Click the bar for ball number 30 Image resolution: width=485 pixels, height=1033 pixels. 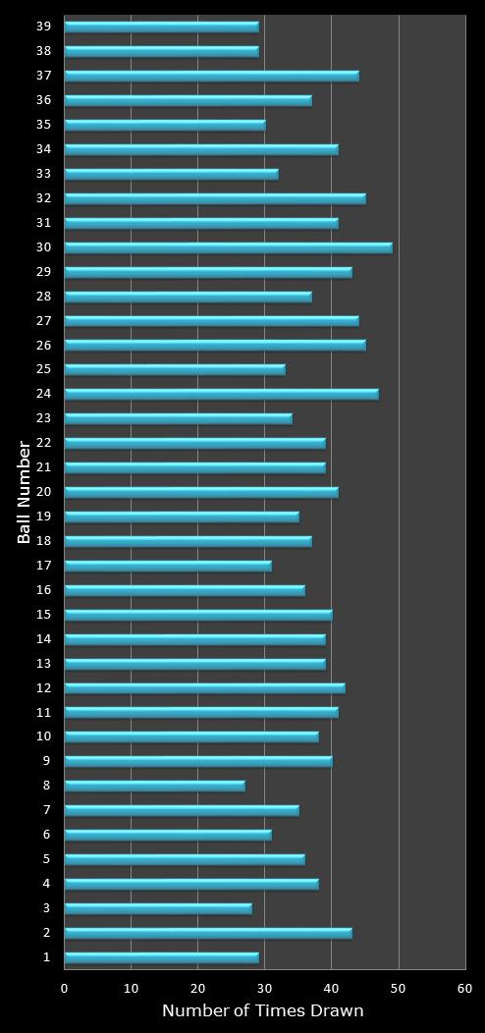228,247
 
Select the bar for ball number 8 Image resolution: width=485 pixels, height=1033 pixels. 154,786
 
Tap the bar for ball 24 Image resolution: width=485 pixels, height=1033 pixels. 221,394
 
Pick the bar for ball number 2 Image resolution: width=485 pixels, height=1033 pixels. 208,933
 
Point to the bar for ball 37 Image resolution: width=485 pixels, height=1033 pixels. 211,76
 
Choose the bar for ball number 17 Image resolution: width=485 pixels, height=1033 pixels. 168,566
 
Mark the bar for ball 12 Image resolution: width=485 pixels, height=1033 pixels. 204,688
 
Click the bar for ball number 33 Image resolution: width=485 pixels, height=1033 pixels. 171,174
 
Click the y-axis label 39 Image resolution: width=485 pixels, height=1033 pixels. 43,27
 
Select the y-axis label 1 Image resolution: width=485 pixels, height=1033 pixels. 46,957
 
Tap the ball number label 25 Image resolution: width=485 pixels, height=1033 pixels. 43,369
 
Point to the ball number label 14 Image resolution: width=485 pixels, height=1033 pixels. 43,639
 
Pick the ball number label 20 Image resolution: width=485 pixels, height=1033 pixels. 43,492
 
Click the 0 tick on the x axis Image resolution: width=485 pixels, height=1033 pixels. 65,989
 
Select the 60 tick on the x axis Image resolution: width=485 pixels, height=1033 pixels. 465,989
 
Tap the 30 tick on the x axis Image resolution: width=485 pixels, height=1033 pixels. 265,989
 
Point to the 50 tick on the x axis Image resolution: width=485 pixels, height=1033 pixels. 399,989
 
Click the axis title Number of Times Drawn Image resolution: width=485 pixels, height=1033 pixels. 263,1010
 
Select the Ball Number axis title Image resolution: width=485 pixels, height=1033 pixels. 25,492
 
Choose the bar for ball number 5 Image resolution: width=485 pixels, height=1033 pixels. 185,859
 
